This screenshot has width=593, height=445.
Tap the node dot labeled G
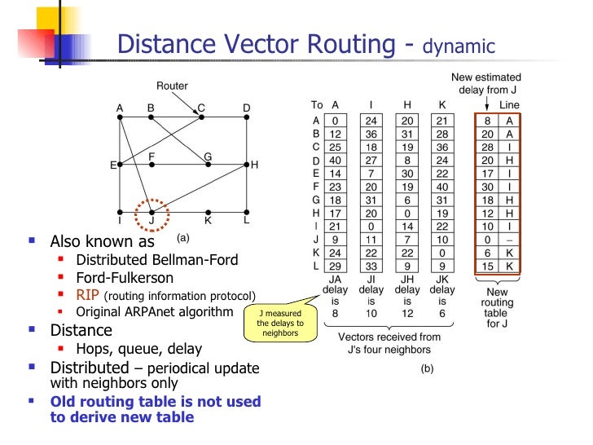[x=208, y=165]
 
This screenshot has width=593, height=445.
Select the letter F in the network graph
[x=152, y=156]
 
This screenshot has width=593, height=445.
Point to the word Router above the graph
[x=173, y=86]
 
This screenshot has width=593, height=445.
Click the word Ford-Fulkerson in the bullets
[x=125, y=278]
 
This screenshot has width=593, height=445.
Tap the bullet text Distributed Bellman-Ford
[x=157, y=260]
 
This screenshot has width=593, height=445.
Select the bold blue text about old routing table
[x=156, y=409]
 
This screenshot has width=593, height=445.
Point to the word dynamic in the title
[x=458, y=47]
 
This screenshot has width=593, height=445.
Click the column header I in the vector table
[x=372, y=105]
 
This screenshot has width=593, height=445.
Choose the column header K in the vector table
[x=441, y=105]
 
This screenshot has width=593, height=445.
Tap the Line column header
[x=509, y=105]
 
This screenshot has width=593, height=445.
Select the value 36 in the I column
[x=372, y=134]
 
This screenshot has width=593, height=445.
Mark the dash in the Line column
[x=510, y=240]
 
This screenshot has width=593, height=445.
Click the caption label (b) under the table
[x=427, y=368]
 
